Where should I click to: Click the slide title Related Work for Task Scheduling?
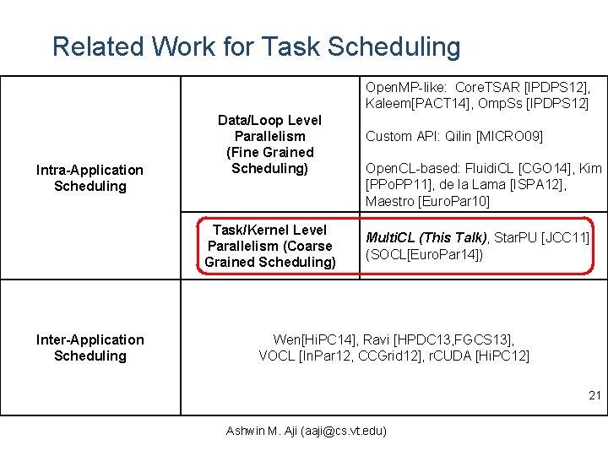256,46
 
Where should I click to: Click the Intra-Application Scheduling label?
90,178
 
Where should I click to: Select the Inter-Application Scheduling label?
90,348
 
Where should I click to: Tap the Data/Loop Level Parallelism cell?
269,144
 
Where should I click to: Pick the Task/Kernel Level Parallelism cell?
269,246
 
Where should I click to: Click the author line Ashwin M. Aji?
307,431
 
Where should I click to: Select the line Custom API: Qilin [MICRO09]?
453,136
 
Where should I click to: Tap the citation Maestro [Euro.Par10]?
427,201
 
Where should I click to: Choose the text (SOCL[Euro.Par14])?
424,254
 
